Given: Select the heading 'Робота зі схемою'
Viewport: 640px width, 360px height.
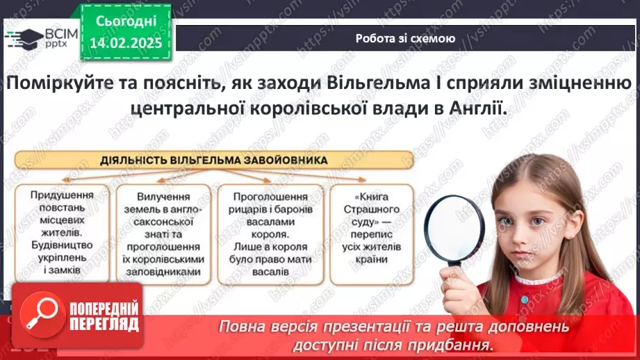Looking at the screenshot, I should pyautogui.click(x=405, y=39).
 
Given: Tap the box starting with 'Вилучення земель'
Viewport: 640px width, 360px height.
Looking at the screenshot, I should pyautogui.click(x=164, y=232).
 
